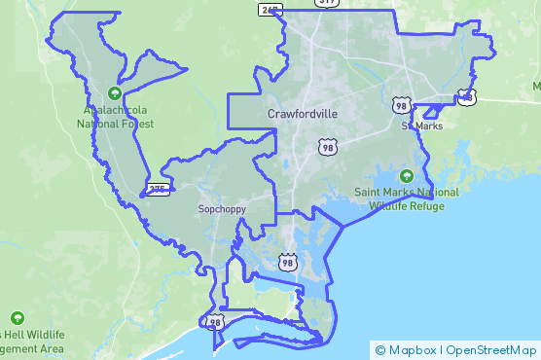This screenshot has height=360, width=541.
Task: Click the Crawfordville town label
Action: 303,114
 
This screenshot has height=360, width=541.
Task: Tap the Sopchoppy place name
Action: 222,209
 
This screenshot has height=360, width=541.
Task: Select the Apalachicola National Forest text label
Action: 115,118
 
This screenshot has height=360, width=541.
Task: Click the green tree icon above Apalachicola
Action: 115,93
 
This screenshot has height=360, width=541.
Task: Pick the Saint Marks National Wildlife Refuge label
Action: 407,199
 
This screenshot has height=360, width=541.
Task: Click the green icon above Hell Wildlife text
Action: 18,318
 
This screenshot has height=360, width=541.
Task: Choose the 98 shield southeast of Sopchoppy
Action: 287,262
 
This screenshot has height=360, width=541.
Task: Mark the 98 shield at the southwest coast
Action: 215,322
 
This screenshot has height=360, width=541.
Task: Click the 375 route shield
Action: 159,188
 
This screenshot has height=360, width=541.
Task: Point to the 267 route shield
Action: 270,9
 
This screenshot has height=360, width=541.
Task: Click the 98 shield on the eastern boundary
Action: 468,97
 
